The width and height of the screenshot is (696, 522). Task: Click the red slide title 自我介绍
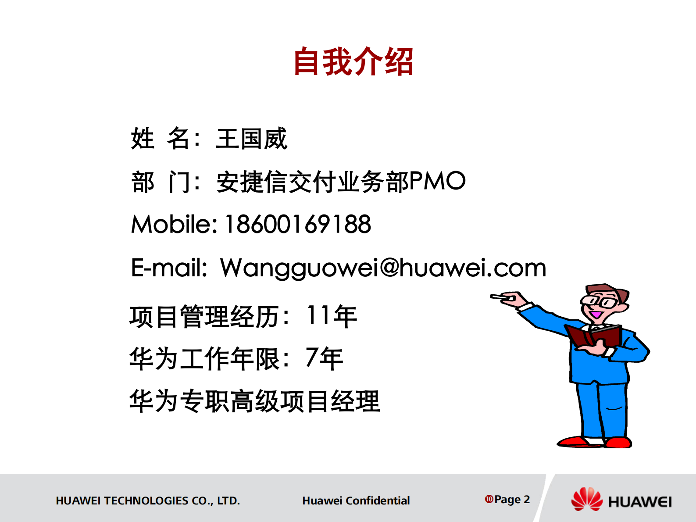coord(353,62)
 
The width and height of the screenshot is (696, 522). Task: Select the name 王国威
coord(251,139)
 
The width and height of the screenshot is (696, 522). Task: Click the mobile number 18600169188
coord(298,224)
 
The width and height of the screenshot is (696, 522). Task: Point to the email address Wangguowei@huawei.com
coord(383,268)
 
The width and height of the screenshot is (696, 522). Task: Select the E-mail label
coord(169,268)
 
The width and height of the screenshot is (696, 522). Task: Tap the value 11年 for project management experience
coord(332,316)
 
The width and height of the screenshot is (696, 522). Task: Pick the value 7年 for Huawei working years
coord(324,358)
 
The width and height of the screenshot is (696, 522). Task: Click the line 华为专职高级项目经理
coord(254,401)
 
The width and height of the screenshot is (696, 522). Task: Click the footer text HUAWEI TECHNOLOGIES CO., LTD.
coord(148,501)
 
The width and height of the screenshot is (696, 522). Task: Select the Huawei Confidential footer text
coord(356,501)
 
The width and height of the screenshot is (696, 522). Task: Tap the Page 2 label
coord(512,499)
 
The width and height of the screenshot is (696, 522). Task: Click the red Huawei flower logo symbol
coord(587,499)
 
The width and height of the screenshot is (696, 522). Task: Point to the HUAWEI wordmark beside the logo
coord(640,502)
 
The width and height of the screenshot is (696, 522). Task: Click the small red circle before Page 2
coord(489,499)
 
